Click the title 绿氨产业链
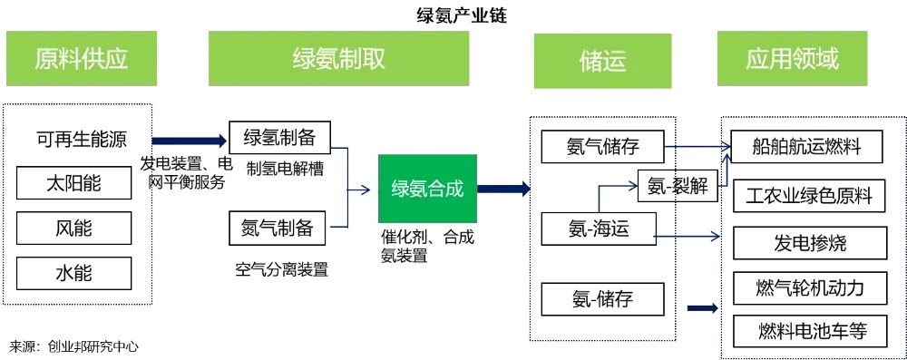click(462, 15)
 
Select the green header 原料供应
click(82, 58)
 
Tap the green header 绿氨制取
click(338, 58)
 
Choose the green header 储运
click(603, 61)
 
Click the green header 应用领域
click(793, 58)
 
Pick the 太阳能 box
click(74, 183)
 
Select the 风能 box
click(74, 228)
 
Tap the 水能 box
click(74, 273)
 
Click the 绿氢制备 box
click(280, 138)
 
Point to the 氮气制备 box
click(278, 228)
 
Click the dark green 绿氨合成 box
click(427, 189)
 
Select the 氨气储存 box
click(603, 146)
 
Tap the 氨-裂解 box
click(678, 185)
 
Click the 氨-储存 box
click(603, 298)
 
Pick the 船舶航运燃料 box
click(807, 147)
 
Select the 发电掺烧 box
click(810, 243)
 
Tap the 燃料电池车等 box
click(810, 332)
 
